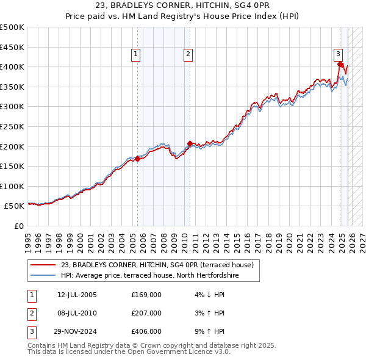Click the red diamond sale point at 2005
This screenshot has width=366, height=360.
coord(137,159)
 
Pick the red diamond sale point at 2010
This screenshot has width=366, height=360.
coord(190,143)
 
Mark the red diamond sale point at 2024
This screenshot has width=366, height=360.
coord(340,64)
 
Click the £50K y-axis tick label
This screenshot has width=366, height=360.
coord(14,206)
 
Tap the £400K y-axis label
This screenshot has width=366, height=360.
coord(12,67)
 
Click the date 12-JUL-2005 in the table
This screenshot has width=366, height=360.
coord(77,295)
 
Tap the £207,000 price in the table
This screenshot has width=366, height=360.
coord(146,313)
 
